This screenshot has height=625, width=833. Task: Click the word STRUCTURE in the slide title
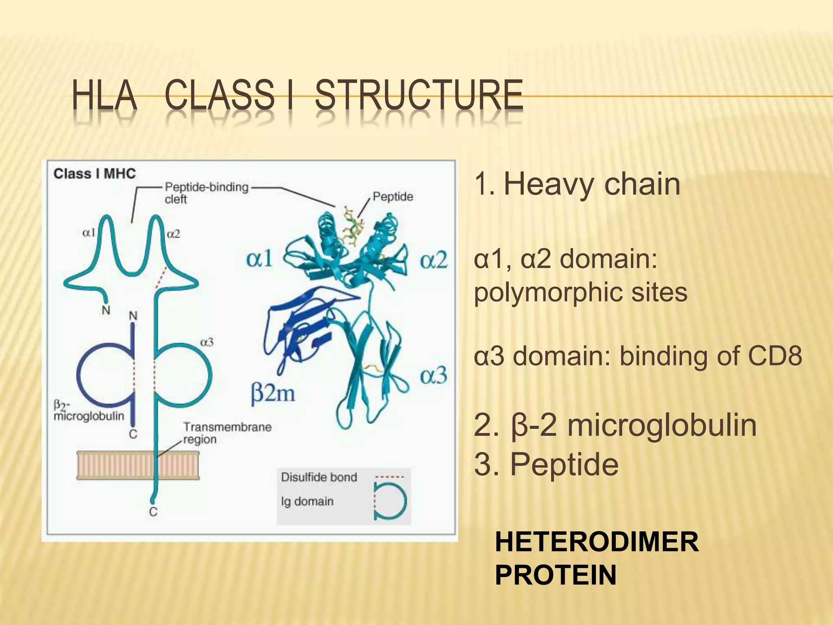419,95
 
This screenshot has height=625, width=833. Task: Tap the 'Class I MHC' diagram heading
94,174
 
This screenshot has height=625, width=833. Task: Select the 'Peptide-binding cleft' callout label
206,193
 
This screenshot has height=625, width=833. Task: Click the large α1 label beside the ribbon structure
259,259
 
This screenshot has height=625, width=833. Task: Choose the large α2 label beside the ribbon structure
434,260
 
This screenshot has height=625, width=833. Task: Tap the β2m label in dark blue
273,393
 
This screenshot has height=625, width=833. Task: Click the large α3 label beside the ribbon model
434,375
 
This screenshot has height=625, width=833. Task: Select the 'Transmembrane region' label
227,433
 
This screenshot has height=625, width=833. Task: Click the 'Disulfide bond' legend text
319,477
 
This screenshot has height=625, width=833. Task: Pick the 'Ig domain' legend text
307,501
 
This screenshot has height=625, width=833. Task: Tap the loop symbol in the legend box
390,500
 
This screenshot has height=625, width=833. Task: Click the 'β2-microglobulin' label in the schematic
88,411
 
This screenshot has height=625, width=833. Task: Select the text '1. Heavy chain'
577,184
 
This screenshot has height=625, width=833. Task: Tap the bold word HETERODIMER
597,542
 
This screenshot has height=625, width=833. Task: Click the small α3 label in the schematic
207,343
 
